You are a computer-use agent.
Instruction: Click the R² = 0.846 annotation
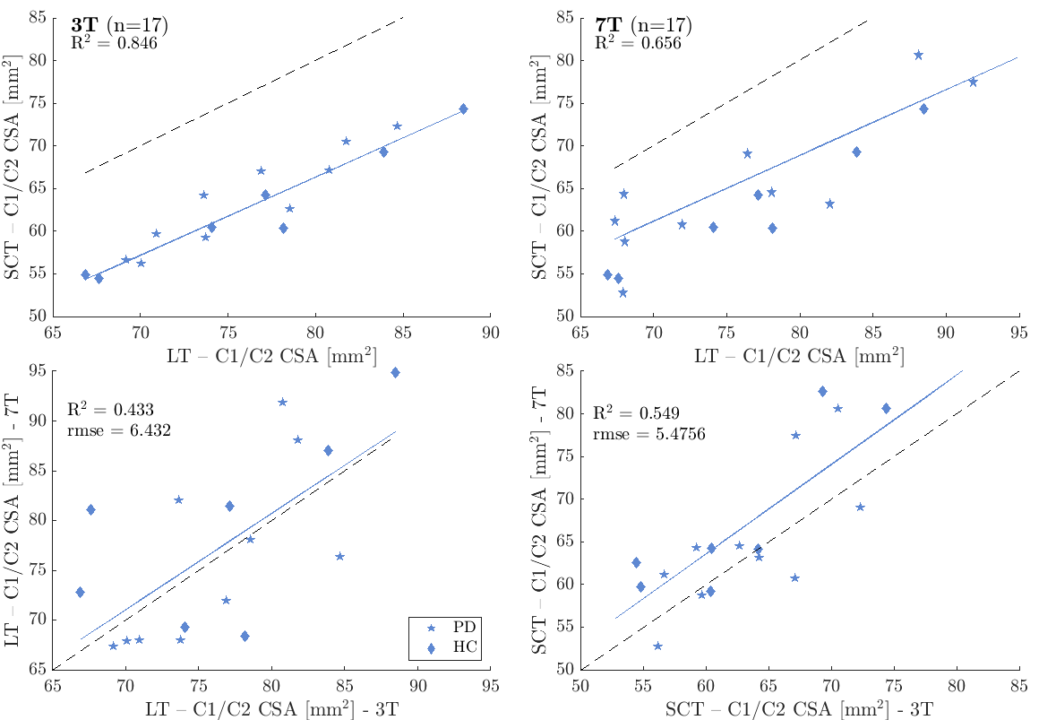coord(114,42)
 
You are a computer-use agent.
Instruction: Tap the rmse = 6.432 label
coord(118,430)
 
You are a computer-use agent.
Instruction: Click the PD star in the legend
coord(431,629)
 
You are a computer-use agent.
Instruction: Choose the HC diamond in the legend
coord(431,647)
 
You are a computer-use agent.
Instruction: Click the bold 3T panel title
coord(86,24)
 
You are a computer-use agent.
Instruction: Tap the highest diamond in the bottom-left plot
coord(395,372)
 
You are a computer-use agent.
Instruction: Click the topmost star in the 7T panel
coord(918,55)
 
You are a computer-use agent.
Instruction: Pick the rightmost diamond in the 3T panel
coord(463,108)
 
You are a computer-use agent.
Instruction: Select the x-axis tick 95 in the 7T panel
coord(1017,331)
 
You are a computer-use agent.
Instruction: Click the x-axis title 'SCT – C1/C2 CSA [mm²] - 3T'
coord(800,709)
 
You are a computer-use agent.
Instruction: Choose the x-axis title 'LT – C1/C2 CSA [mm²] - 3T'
coord(271,709)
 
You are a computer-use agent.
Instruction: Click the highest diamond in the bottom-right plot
coord(822,391)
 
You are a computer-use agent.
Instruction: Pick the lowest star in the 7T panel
coord(622,292)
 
